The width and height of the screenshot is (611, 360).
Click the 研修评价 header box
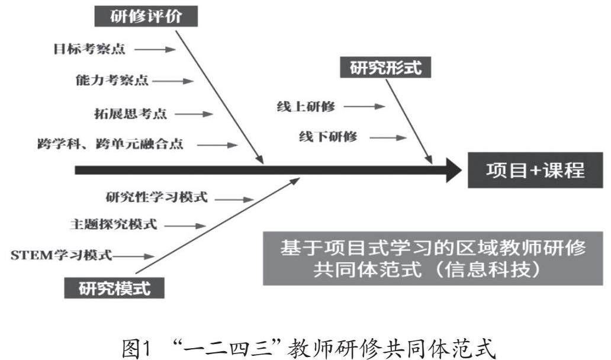tap(145, 16)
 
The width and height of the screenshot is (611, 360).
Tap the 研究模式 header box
tap(114, 288)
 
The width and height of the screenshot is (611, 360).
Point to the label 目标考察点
tap(88, 49)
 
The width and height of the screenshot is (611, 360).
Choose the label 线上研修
tap(305, 107)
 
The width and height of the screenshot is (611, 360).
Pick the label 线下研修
tap(328, 137)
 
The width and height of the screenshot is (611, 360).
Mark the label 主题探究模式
tap(113, 225)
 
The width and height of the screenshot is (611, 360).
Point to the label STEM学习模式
tap(61, 256)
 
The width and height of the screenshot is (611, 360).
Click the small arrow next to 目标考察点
tap(155, 50)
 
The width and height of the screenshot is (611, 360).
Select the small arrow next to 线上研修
tap(364, 107)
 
